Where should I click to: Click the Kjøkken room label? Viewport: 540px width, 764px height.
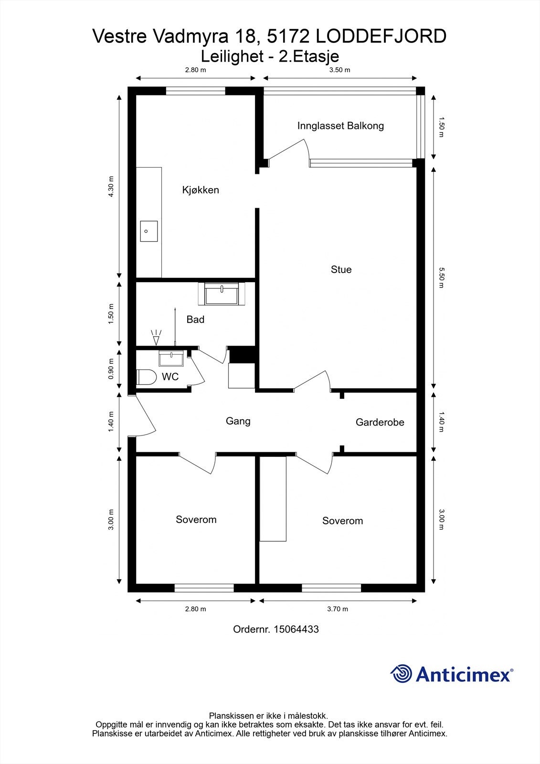(201, 190)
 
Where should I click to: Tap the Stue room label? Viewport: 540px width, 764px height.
(341, 270)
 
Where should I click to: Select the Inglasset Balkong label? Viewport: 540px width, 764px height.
(340, 126)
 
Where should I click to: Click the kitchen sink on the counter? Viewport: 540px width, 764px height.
(148, 231)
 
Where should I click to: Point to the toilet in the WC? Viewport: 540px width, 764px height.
(146, 377)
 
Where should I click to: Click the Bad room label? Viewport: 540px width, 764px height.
(195, 319)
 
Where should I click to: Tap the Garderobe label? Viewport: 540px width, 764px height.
(380, 423)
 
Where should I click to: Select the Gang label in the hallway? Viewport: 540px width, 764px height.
(238, 421)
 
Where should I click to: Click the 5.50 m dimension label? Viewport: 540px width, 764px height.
(441, 277)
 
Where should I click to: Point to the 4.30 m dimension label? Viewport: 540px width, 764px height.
(111, 187)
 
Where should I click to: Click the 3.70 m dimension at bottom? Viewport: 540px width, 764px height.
(338, 609)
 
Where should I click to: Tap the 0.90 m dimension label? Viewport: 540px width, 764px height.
(111, 369)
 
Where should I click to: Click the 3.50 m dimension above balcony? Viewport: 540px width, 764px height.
(340, 70)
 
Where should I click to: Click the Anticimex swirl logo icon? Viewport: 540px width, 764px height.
(401, 674)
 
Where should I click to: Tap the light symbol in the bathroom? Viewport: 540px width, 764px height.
(156, 337)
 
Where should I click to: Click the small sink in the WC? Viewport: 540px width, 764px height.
(171, 358)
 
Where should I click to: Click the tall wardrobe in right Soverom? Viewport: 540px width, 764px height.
(273, 499)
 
